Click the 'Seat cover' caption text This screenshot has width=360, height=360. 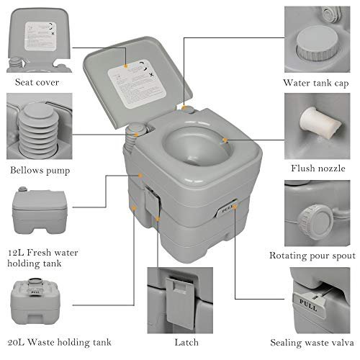[x=37, y=81]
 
